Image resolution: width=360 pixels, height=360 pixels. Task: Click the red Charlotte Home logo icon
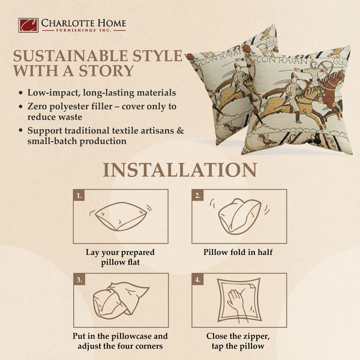[x=28, y=25]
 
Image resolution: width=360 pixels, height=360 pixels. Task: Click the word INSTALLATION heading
[x=180, y=170]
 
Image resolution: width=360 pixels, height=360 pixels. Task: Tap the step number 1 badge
[x=78, y=195]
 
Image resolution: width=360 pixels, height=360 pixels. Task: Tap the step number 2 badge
[x=197, y=195]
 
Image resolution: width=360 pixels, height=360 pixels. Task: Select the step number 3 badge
[x=78, y=279]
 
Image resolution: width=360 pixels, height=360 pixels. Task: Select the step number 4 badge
[x=197, y=279]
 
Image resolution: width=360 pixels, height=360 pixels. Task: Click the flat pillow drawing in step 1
[x=121, y=217]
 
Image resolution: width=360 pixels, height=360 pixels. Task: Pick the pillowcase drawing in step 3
[x=120, y=300]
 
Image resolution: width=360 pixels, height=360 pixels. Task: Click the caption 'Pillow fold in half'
[x=238, y=252]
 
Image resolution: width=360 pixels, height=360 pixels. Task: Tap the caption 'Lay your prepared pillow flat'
[x=121, y=257]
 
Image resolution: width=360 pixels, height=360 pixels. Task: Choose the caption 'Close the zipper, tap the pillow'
[x=239, y=341]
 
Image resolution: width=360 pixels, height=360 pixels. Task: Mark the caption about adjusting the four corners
[x=122, y=341]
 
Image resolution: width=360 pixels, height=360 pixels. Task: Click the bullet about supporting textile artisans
[x=96, y=135]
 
